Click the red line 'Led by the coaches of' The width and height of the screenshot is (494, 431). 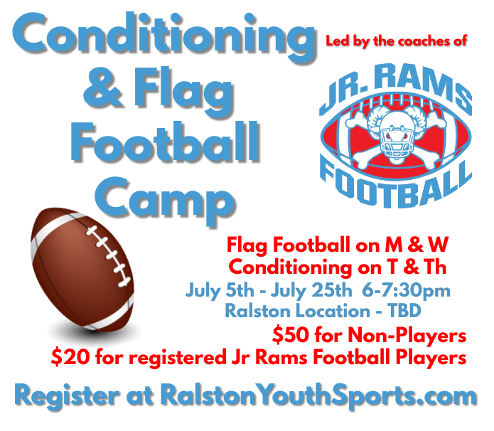[x=396, y=41]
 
